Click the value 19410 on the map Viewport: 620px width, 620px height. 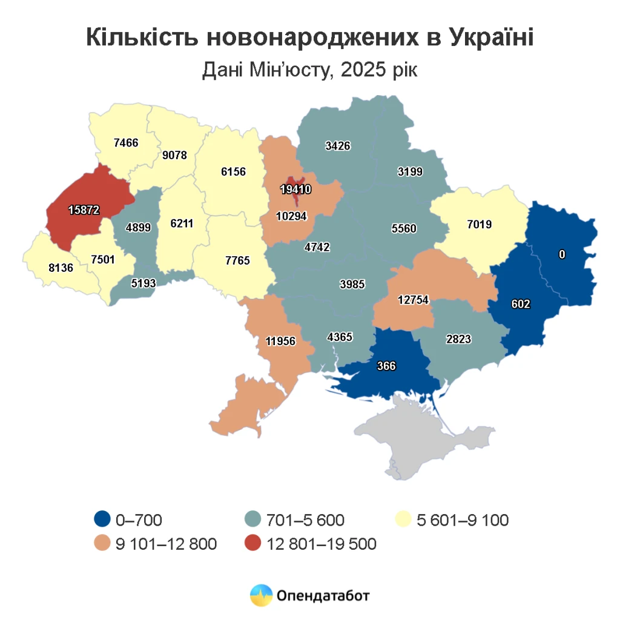tap(295, 190)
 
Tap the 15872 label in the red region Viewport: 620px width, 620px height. tap(84, 209)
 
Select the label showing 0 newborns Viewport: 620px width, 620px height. tap(562, 255)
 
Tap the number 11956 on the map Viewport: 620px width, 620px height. tap(280, 341)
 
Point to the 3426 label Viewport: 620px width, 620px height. tap(337, 145)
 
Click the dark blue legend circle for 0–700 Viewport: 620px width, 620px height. tap(102, 519)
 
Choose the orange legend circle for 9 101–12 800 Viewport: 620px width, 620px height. tap(102, 544)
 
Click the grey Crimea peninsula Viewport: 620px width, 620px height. tap(424, 436)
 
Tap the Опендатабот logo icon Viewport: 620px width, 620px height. tap(262, 595)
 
